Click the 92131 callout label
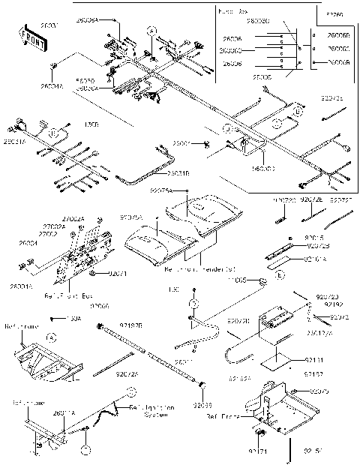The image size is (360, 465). (314, 361)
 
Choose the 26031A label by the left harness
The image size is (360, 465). (13, 140)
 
